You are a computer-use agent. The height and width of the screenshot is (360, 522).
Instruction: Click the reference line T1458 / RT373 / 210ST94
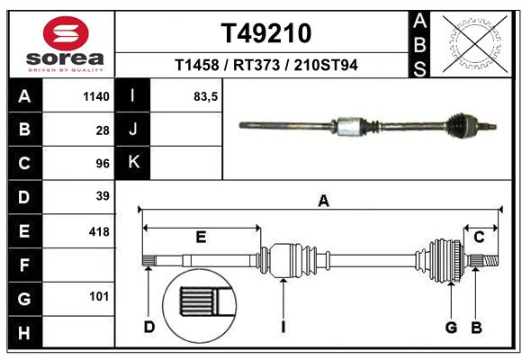pos(266,65)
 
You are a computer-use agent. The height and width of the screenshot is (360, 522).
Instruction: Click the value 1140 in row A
pos(95,96)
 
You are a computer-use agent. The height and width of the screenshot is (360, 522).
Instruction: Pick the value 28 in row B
pos(102,130)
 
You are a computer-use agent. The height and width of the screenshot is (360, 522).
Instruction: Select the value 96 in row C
pos(102,163)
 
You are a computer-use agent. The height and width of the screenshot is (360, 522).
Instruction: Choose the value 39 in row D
pos(102,196)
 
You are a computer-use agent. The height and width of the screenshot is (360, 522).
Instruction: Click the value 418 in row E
pos(98,231)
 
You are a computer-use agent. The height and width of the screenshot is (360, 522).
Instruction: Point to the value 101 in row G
pos(98,296)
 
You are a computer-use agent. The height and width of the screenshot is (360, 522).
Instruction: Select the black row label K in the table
pos(133,163)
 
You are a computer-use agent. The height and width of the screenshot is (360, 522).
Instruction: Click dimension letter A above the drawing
pos(323,202)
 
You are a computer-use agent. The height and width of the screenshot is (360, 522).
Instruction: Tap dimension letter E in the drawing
pos(201,237)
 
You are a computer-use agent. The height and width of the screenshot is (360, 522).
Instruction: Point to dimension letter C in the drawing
pos(479,237)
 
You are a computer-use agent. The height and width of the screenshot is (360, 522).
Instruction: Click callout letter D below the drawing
pos(149,326)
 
